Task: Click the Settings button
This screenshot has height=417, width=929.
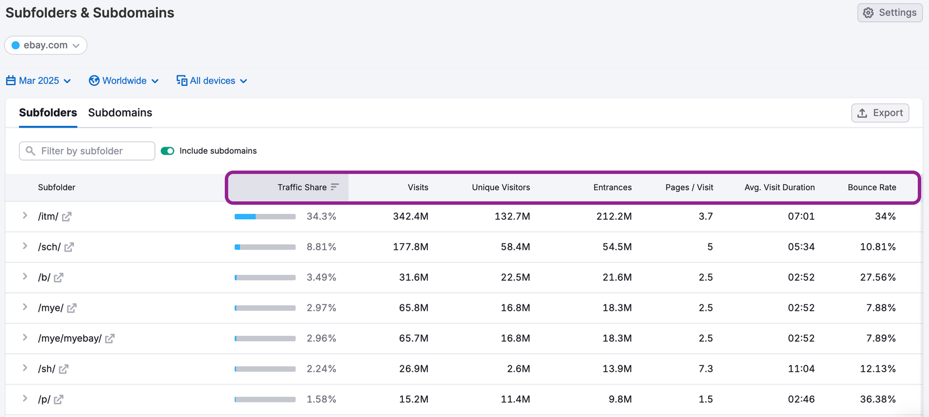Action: tap(890, 13)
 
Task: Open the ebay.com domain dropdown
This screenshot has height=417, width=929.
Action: tap(46, 45)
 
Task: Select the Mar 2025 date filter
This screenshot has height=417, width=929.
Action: tap(38, 81)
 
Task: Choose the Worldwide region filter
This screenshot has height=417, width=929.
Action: tap(124, 81)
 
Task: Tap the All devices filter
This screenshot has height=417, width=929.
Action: tap(212, 81)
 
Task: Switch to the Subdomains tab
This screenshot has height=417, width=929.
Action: tap(120, 113)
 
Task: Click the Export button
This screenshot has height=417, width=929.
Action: tap(880, 113)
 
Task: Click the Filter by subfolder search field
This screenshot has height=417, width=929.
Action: tap(87, 151)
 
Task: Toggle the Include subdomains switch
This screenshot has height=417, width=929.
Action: tap(167, 151)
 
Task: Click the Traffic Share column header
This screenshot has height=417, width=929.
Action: tap(302, 187)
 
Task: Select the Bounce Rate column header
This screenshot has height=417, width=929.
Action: tap(872, 187)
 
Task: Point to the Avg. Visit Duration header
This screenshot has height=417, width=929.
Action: tap(779, 187)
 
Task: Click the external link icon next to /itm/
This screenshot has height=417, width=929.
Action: tap(67, 216)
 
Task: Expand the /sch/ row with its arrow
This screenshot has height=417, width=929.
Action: tap(25, 246)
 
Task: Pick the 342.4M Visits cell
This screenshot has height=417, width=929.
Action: tap(411, 216)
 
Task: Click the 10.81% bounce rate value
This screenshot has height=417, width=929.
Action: tap(877, 247)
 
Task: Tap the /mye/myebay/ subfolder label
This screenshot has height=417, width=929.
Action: tap(70, 338)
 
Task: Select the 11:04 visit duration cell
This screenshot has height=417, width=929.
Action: tap(801, 369)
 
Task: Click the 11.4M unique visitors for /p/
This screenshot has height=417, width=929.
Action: tap(515, 399)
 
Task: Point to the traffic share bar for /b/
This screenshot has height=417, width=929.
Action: tap(265, 277)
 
